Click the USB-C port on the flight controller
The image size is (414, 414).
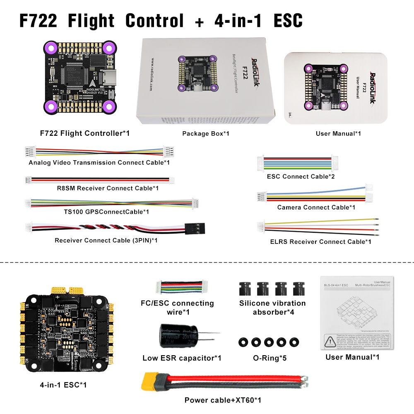pyautogui.click(x=99, y=79)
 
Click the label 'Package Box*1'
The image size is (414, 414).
pyautogui.click(x=206, y=134)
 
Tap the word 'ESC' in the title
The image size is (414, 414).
pyautogui.click(x=288, y=21)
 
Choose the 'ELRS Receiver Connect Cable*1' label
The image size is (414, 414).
pyautogui.click(x=320, y=242)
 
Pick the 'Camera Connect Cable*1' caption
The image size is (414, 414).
pyautogui.click(x=316, y=207)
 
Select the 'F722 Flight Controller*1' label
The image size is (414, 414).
pyautogui.click(x=85, y=133)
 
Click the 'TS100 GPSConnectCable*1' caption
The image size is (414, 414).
pyautogui.click(x=106, y=212)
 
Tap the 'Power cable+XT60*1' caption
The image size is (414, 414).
pyautogui.click(x=223, y=400)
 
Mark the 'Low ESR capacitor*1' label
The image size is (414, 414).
pyautogui.click(x=182, y=358)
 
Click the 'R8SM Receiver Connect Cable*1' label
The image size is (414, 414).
pyautogui.click(x=108, y=188)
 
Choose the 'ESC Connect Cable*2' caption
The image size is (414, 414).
pyautogui.click(x=301, y=176)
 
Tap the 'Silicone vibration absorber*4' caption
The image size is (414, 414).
pyautogui.click(x=272, y=307)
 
